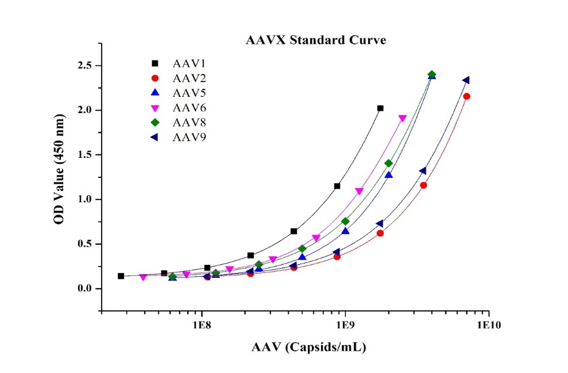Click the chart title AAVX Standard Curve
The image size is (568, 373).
tap(316, 40)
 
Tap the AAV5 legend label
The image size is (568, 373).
tap(189, 93)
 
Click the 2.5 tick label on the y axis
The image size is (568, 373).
tap(84, 65)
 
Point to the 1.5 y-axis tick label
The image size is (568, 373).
tap(84, 155)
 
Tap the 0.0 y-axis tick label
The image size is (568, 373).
tap(84, 289)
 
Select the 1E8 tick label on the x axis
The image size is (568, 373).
tap(201, 325)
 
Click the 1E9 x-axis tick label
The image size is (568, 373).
tap(345, 325)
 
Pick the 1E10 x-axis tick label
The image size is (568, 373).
tap(488, 325)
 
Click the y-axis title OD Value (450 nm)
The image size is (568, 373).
tap(59, 169)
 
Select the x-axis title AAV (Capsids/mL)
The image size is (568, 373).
tap(309, 347)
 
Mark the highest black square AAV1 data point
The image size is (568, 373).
tap(380, 108)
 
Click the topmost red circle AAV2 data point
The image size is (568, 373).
tap(467, 96)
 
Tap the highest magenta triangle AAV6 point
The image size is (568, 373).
tap(403, 118)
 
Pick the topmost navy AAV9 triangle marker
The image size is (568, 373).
tap(466, 80)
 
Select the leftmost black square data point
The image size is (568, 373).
tap(121, 276)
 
